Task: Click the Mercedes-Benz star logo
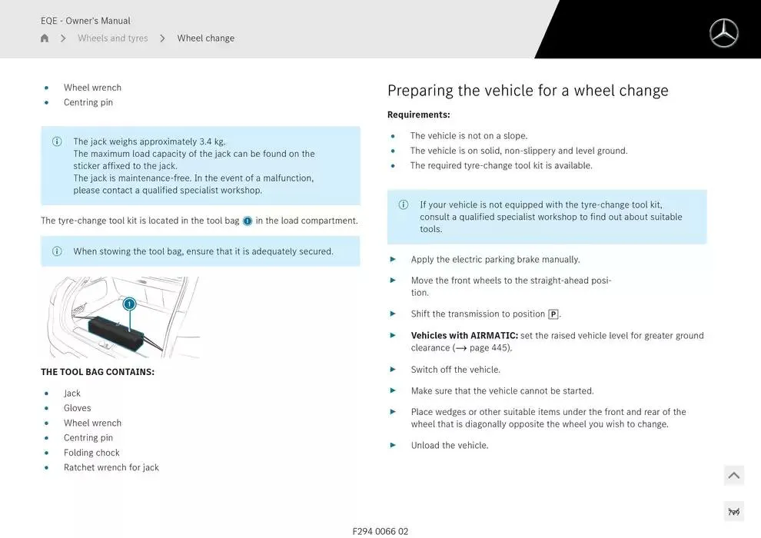click(x=723, y=33)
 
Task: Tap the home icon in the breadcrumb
click(x=45, y=38)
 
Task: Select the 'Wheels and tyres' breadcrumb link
click(x=113, y=38)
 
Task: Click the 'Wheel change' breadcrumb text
click(x=206, y=38)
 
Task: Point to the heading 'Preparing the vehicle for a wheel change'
click(x=527, y=91)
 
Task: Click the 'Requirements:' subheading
click(x=418, y=115)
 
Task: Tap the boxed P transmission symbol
click(x=553, y=314)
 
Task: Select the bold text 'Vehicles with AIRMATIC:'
click(x=464, y=336)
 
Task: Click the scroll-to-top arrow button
click(x=733, y=476)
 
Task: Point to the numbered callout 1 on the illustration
click(x=130, y=304)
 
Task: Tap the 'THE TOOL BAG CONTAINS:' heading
click(x=98, y=372)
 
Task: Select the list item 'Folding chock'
click(x=91, y=453)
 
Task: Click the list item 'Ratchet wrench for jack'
click(x=111, y=467)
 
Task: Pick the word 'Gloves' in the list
click(x=78, y=408)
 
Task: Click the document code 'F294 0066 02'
click(x=380, y=531)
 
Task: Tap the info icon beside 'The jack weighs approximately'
click(x=57, y=141)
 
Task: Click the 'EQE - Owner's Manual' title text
click(x=85, y=21)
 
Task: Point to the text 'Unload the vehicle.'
click(x=450, y=446)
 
